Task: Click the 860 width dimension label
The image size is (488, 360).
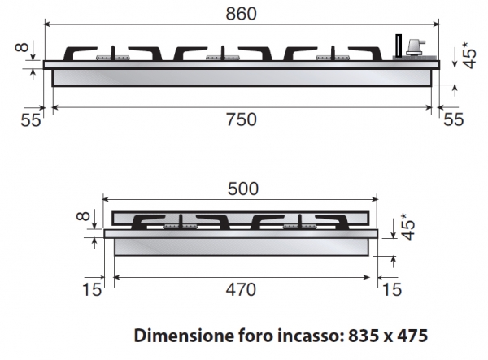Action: tap(242, 14)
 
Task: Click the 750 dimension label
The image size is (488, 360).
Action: tap(242, 119)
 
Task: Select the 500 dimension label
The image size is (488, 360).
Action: tap(243, 189)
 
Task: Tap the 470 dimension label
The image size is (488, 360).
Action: tap(241, 289)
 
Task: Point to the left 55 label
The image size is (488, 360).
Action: tap(31, 119)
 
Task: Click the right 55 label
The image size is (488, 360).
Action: tap(454, 119)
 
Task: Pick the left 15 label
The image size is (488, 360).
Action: tap(92, 289)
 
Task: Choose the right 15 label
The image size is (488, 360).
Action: tap(392, 289)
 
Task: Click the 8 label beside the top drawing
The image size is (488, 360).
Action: tap(22, 48)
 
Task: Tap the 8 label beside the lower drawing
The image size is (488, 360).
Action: tap(83, 215)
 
